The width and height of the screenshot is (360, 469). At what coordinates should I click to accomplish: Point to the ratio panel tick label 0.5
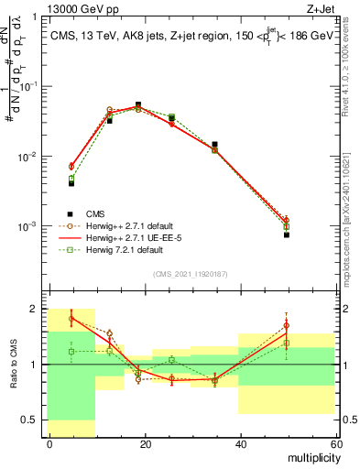(x=30, y=420)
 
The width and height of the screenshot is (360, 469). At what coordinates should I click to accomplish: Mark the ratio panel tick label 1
(x=35, y=365)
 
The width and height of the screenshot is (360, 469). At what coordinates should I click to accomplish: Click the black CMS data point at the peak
(x=137, y=104)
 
